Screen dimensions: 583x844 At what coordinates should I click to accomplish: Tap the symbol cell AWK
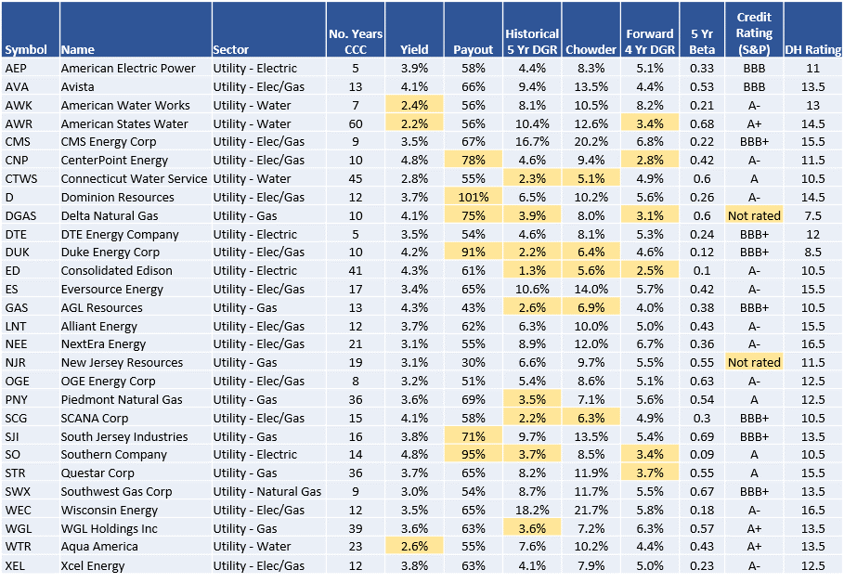pyautogui.click(x=17, y=105)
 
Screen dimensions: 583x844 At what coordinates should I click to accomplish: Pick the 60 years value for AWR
pyautogui.click(x=356, y=123)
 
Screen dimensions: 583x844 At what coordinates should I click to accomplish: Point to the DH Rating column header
pyautogui.click(x=812, y=49)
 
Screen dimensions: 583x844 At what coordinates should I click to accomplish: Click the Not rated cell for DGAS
pyautogui.click(x=754, y=215)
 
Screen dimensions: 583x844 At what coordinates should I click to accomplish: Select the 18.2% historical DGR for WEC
pyautogui.click(x=532, y=510)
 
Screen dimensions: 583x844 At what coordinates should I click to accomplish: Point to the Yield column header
pyautogui.click(x=414, y=49)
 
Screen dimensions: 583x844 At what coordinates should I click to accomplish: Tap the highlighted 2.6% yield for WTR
pyautogui.click(x=414, y=547)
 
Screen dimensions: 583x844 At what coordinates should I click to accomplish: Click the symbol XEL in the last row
pyautogui.click(x=16, y=565)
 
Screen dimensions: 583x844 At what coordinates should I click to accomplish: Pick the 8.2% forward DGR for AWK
pyautogui.click(x=649, y=105)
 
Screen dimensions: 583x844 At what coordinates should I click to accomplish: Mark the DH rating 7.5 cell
pyautogui.click(x=812, y=215)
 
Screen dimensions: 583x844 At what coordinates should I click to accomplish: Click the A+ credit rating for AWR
pyautogui.click(x=754, y=123)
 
